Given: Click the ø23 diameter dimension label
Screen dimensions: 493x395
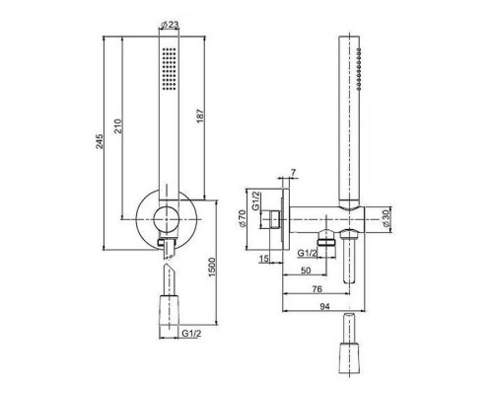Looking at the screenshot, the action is click(x=170, y=25).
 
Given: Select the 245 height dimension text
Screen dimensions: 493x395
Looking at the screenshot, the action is click(x=100, y=141).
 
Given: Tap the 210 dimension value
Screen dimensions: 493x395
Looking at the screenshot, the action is click(x=118, y=126).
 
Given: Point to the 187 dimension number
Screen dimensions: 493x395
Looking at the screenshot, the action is click(x=200, y=116).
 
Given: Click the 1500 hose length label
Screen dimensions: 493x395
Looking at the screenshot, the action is click(x=213, y=267).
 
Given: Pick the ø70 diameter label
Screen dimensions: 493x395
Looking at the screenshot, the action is click(x=243, y=218).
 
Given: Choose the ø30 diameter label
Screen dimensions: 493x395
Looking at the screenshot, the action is click(x=386, y=218).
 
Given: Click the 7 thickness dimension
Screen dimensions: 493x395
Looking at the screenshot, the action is click(x=293, y=172).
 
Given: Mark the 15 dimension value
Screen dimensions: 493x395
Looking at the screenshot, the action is click(x=264, y=259).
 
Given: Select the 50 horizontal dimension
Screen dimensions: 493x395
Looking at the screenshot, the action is click(x=306, y=271).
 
